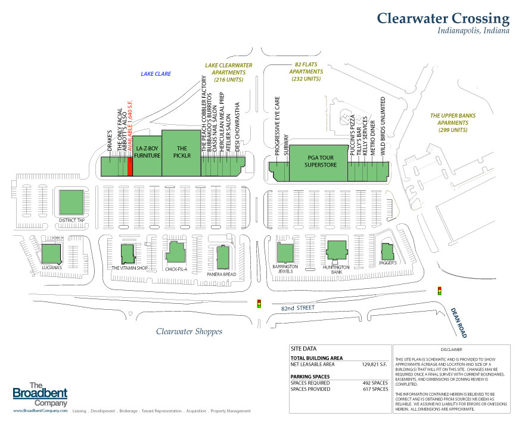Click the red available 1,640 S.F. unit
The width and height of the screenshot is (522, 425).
[x=130, y=167]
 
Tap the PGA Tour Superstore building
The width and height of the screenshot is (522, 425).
[x=318, y=163]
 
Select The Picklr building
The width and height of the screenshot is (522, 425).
[x=181, y=153]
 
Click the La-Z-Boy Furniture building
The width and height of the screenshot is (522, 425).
[x=147, y=156]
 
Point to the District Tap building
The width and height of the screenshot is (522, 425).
[x=72, y=202]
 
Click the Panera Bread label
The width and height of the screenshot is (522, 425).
[x=222, y=274]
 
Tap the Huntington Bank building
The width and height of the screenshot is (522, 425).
[x=336, y=250]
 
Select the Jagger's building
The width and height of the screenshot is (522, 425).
[x=387, y=251]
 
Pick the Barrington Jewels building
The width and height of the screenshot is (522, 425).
[x=285, y=253]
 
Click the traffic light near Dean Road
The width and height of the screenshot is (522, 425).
[x=439, y=291]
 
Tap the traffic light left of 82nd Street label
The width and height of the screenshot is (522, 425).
[x=259, y=304]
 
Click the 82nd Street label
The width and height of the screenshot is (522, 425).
[x=297, y=308]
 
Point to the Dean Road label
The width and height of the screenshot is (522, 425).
[x=459, y=322]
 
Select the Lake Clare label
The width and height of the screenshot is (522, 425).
[x=156, y=74]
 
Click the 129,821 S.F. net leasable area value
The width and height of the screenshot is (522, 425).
[x=375, y=364]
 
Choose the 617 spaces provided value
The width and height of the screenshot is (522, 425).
[x=375, y=389]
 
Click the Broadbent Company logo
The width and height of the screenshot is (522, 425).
[x=41, y=395]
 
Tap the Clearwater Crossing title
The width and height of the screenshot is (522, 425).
[x=443, y=19]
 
